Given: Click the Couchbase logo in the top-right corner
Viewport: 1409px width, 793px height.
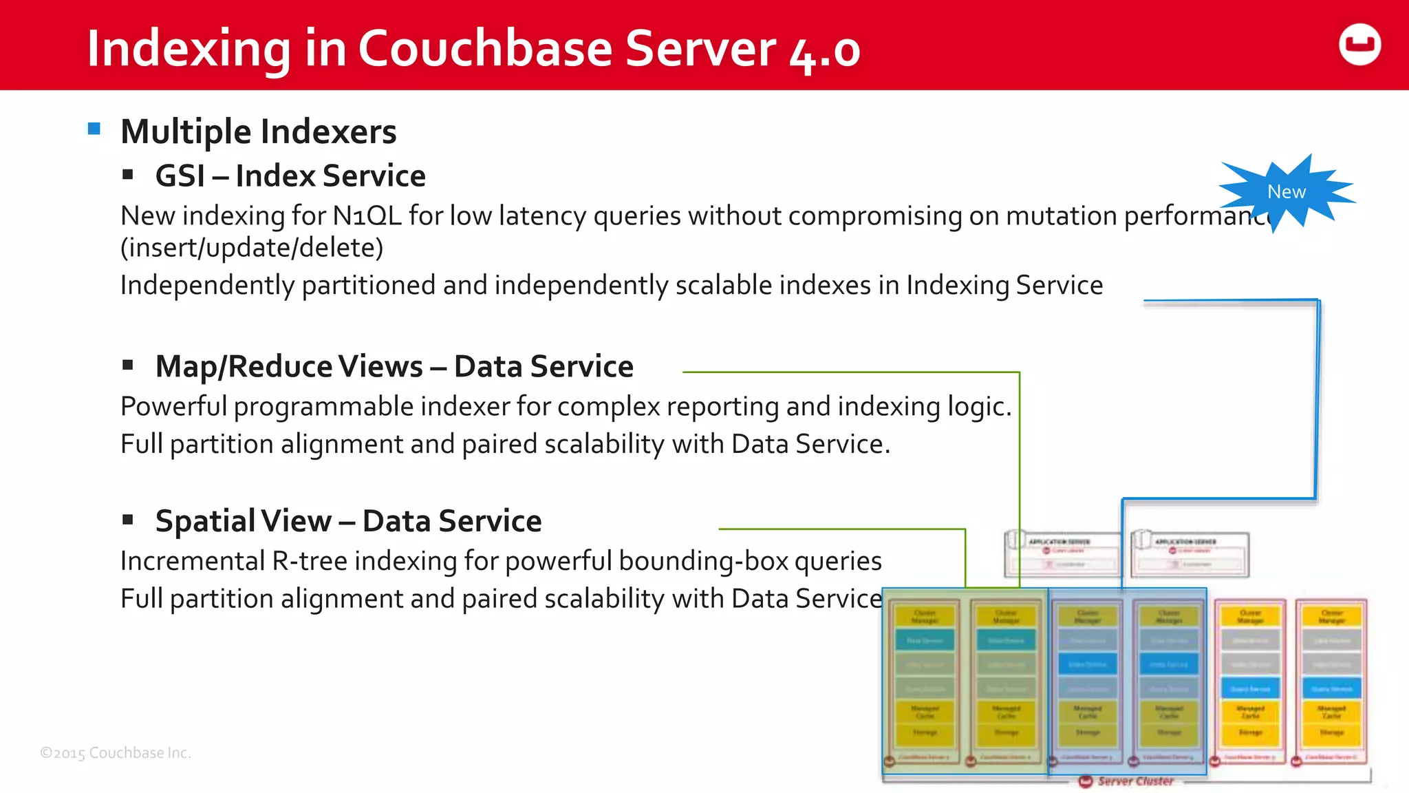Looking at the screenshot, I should (x=1359, y=45).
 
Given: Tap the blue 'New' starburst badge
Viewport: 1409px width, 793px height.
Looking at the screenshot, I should (x=1286, y=192).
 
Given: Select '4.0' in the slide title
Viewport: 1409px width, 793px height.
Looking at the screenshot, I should (x=825, y=51).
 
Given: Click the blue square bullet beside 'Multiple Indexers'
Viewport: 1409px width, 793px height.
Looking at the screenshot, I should (x=94, y=129).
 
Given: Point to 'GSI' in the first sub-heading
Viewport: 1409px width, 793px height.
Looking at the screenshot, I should (x=180, y=176).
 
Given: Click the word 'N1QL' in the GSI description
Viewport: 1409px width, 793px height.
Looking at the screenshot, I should (x=367, y=216).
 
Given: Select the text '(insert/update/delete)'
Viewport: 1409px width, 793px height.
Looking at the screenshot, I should (x=252, y=248).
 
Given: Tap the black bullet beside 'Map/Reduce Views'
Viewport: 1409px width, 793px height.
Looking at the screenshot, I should (x=127, y=366).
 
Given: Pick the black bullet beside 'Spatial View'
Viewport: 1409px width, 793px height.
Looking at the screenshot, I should (x=127, y=520).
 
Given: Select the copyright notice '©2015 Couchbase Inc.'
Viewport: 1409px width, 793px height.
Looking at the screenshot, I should (x=116, y=753).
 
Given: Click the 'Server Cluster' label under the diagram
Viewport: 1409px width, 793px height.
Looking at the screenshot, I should (x=1134, y=781).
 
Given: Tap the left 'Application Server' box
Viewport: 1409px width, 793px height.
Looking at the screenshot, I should (x=1062, y=554).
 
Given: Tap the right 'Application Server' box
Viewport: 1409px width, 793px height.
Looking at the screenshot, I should (x=1190, y=554).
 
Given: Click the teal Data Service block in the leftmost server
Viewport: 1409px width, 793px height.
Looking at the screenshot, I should (x=924, y=640).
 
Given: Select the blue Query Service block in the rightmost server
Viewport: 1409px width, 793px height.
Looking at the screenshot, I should (x=1331, y=688).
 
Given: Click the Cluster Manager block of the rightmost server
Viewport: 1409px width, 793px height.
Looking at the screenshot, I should (x=1331, y=616).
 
